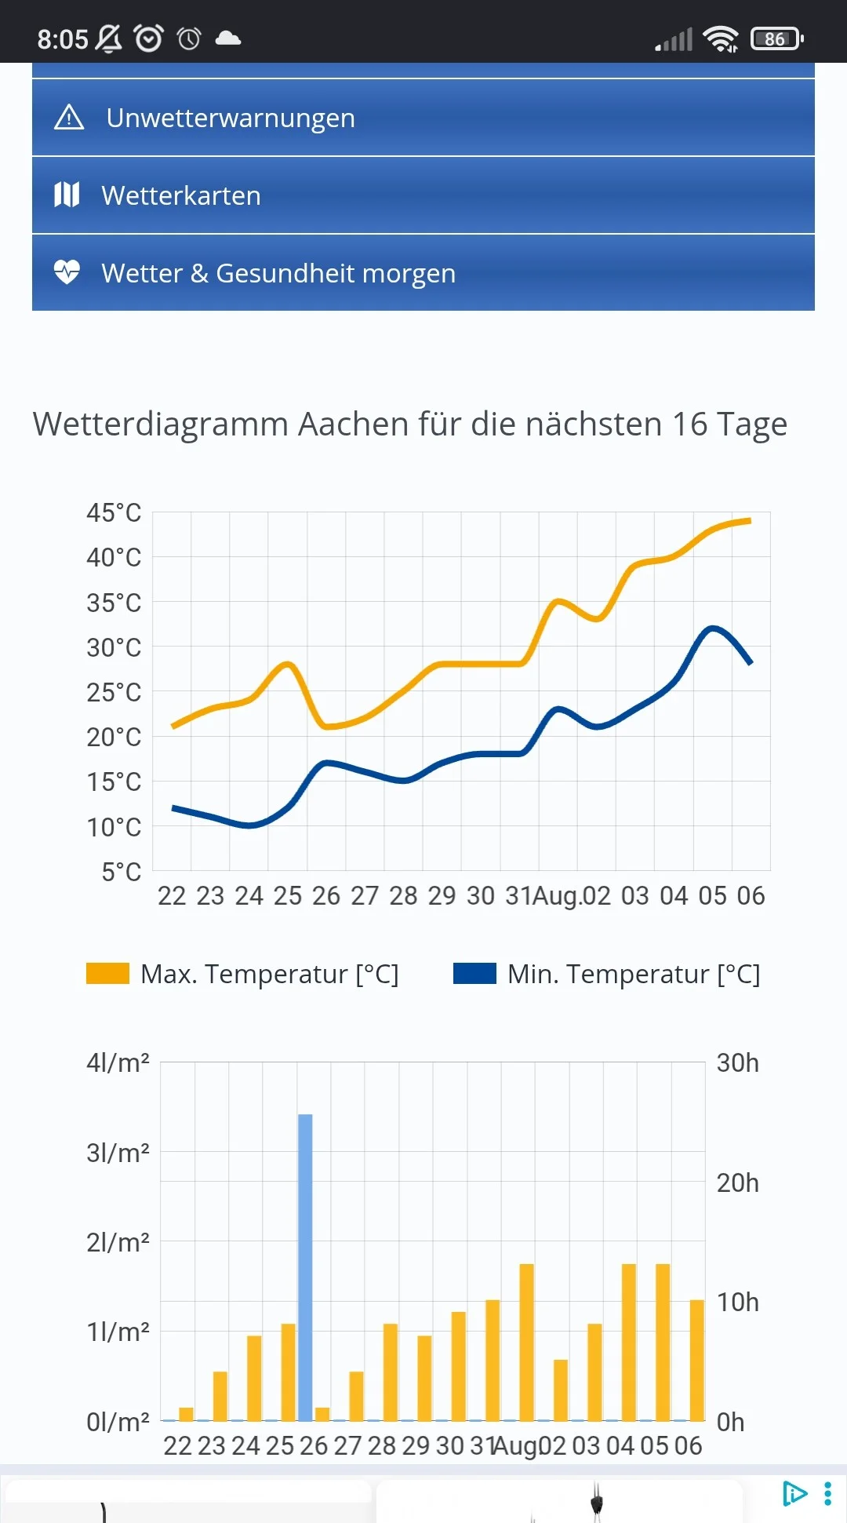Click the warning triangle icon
(69, 118)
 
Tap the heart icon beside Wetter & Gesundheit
(67, 272)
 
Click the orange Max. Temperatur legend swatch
(107, 973)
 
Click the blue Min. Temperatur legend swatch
(474, 973)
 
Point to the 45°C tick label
(114, 513)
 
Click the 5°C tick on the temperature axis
(122, 872)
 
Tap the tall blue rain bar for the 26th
(305, 1267)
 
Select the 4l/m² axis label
(118, 1062)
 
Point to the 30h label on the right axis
(738, 1062)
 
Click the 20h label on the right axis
(738, 1182)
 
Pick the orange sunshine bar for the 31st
(493, 1361)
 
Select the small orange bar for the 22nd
(186, 1414)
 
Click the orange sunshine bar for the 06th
(696, 1361)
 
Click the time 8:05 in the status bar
(63, 39)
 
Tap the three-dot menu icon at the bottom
(827, 1494)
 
